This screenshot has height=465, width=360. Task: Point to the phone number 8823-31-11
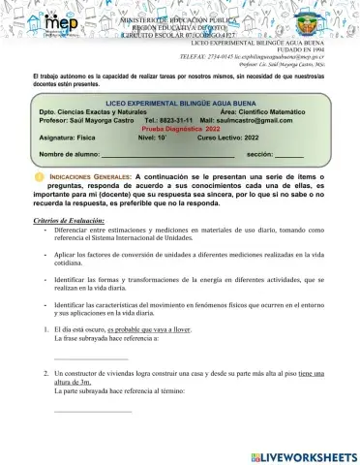162,119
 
